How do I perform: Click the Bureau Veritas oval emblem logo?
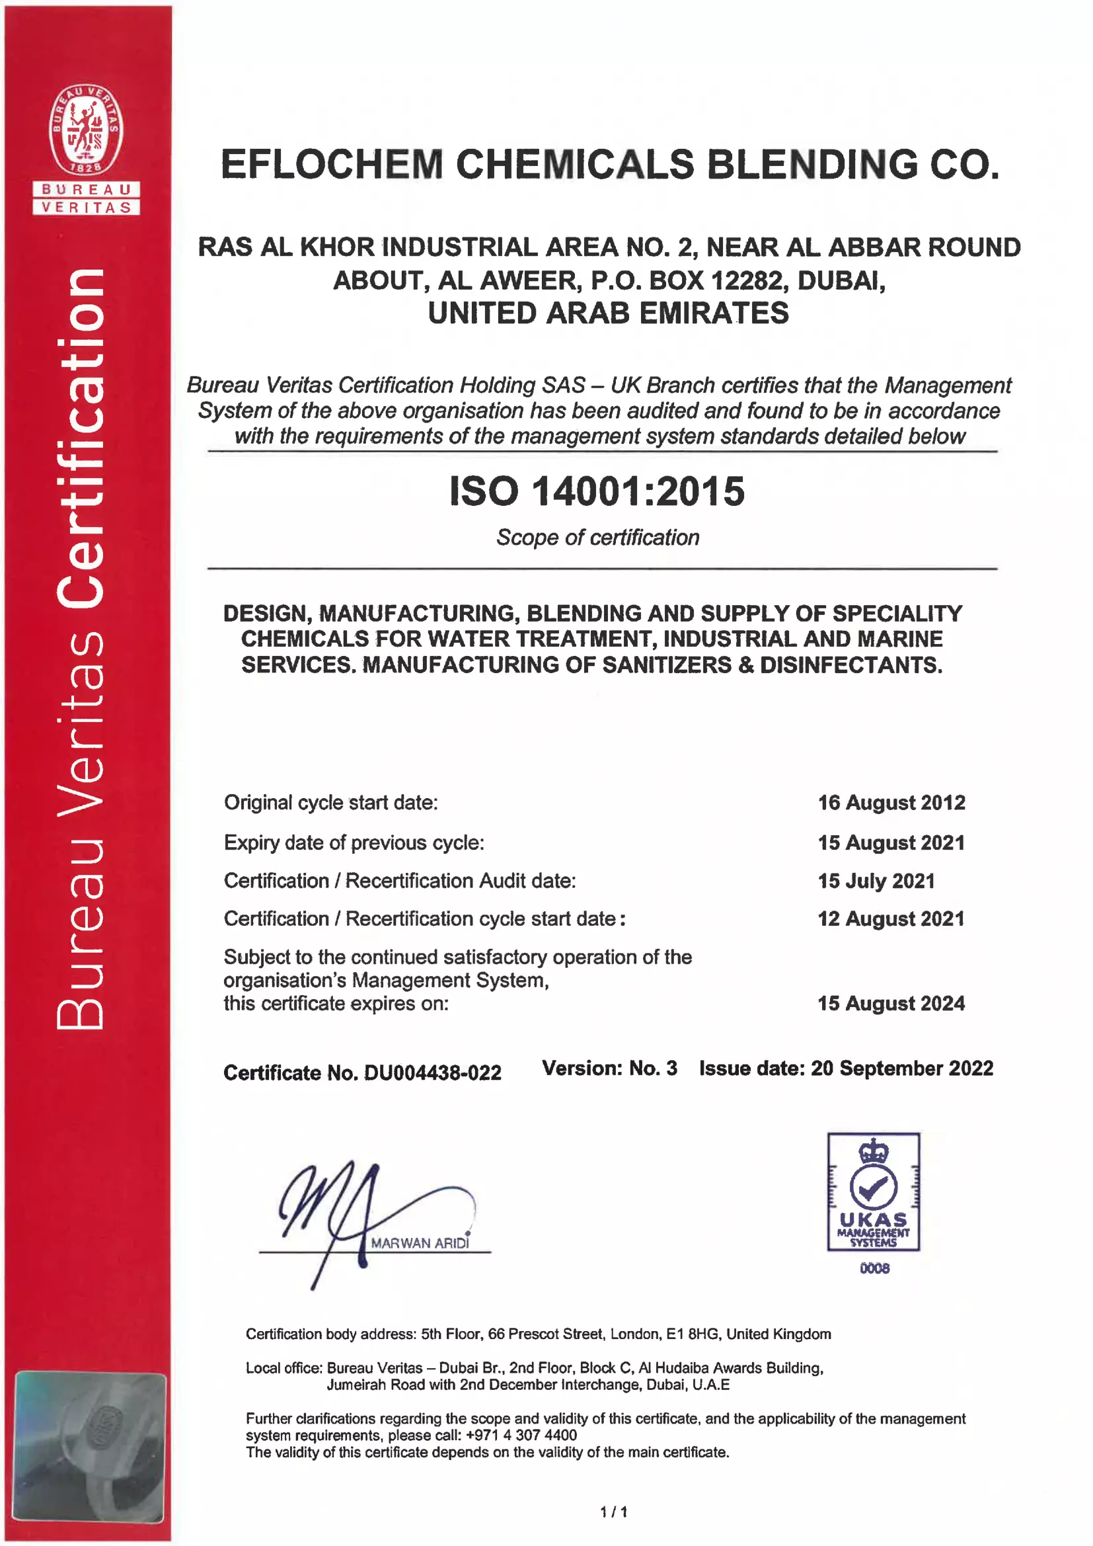pos(86,130)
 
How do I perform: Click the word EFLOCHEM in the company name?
pos(331,165)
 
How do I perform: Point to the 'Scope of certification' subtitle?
pos(597,538)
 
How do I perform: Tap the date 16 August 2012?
pos(891,803)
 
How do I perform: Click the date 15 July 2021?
pos(876,881)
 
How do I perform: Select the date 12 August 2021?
pos(891,919)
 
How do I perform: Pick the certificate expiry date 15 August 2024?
pos(891,1003)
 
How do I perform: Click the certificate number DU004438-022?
pos(432,1073)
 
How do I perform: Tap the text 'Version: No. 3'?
pos(610,1069)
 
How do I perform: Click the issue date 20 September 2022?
pos(902,1069)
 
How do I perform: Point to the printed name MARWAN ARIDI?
pos(420,1243)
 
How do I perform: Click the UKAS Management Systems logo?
pos(874,1192)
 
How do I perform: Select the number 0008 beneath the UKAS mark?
pos(874,1268)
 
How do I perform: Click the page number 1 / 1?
pos(614,1512)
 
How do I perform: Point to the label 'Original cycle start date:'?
pos(331,803)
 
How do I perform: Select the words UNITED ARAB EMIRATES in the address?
pos(609,313)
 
